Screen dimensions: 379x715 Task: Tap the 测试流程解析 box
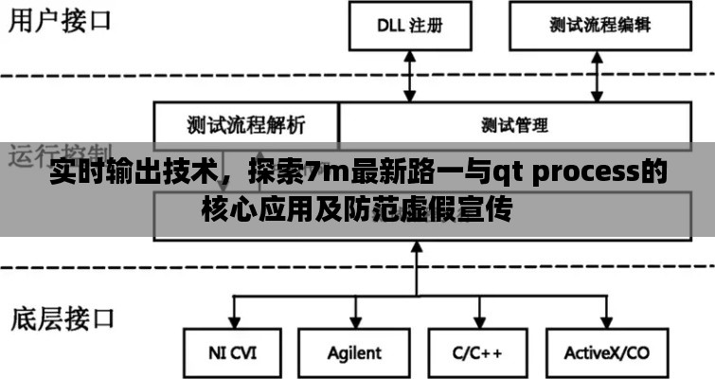pyautogui.click(x=246, y=124)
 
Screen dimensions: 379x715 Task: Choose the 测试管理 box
pyautogui.click(x=514, y=124)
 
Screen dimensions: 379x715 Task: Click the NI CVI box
pyautogui.click(x=232, y=353)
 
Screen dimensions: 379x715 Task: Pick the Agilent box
pyautogui.click(x=354, y=353)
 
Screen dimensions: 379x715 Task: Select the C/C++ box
pyautogui.click(x=477, y=353)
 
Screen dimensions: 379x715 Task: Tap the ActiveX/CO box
pyautogui.click(x=607, y=353)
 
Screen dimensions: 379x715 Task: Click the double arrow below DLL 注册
pyautogui.click(x=410, y=76)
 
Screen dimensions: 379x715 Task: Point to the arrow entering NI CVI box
pyautogui.click(x=232, y=314)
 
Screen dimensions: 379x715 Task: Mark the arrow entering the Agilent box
pyautogui.click(x=354, y=314)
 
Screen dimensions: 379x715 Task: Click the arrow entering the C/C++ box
pyautogui.click(x=477, y=314)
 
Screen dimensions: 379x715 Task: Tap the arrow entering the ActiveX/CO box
pyautogui.click(x=603, y=314)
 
